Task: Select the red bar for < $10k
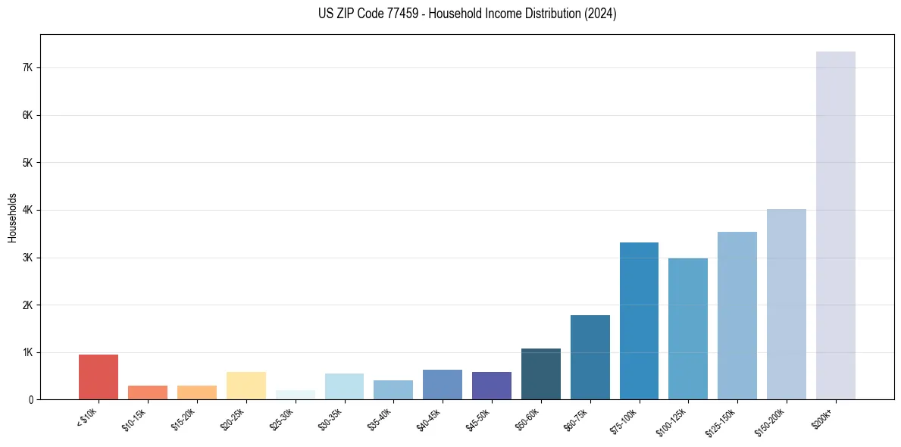point(99,377)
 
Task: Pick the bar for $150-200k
point(786,304)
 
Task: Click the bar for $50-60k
point(540,374)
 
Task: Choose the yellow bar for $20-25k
point(246,385)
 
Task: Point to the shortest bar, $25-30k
point(295,395)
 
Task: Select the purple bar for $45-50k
point(491,385)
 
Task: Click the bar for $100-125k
point(688,329)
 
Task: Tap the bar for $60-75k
point(590,357)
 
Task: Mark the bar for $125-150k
point(737,315)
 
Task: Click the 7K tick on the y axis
point(28,67)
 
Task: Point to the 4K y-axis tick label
point(28,210)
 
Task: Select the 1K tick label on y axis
point(28,352)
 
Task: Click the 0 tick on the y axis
point(30,399)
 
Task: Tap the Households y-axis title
point(12,217)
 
